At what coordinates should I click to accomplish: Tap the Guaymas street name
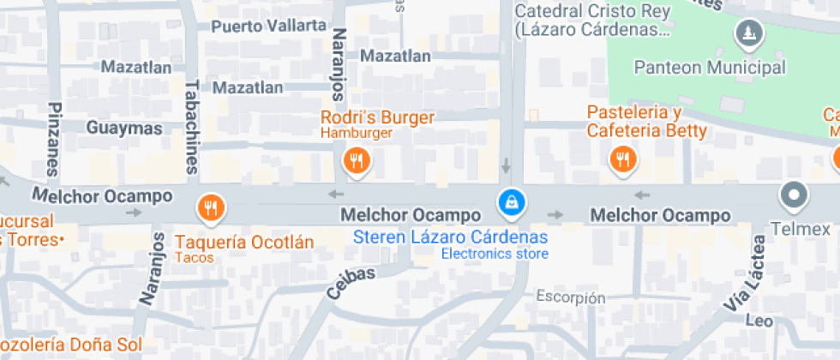[x=124, y=128]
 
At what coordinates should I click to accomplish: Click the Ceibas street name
[x=351, y=283]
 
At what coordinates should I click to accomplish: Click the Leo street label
[x=759, y=321]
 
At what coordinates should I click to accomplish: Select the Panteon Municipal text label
[x=709, y=68]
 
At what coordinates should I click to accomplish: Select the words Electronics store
[x=495, y=254]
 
